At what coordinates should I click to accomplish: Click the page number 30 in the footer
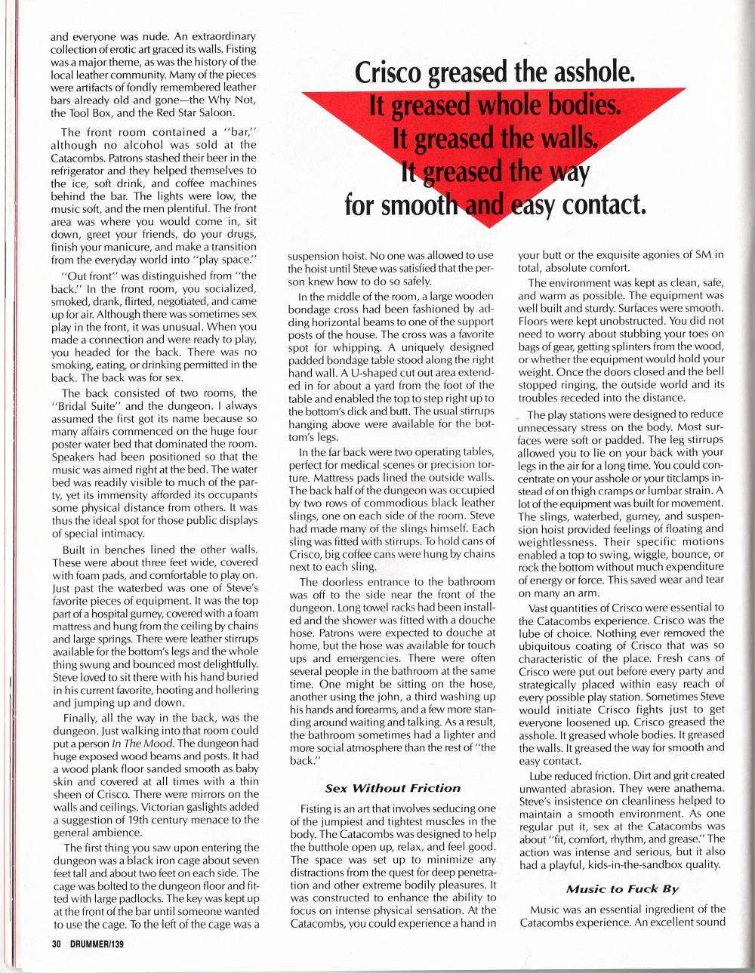(x=56, y=944)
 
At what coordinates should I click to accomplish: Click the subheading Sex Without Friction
(x=392, y=787)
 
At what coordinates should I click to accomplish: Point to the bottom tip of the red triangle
(x=491, y=226)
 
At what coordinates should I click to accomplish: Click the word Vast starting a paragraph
(x=542, y=607)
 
